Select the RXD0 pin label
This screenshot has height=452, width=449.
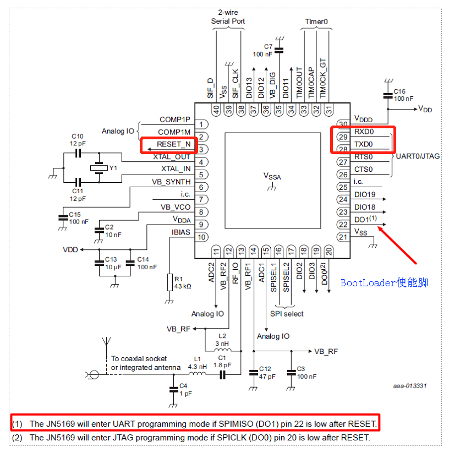(x=364, y=132)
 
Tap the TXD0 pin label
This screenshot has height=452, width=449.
(x=363, y=144)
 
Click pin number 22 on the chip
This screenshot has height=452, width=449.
(x=343, y=225)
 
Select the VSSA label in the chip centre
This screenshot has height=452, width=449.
(x=272, y=176)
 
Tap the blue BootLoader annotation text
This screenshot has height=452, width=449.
(x=385, y=282)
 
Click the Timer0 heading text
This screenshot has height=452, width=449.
(x=316, y=21)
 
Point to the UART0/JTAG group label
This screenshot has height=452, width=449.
(x=418, y=156)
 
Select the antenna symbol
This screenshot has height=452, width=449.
(x=103, y=345)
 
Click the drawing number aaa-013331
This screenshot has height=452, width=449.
(x=409, y=385)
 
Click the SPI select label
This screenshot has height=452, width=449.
(x=286, y=314)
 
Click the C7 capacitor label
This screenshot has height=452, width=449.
(x=268, y=47)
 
